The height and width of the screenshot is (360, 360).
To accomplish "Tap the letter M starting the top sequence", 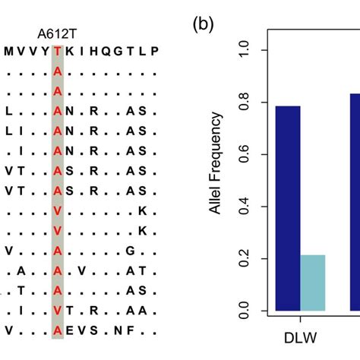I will coord(8,52).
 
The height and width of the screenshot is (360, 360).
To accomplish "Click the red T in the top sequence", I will coord(58,52).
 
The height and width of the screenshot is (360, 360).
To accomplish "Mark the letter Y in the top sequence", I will coord(46,52).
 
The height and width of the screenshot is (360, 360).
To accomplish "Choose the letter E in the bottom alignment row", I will coord(71,330).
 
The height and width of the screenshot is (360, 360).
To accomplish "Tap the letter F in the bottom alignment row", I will coord(142,330).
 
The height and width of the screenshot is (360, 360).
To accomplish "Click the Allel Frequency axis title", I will coord(217,164).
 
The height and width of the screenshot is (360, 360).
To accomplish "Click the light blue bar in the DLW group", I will coord(313,283).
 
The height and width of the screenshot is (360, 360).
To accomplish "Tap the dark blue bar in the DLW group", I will coord(288,208).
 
